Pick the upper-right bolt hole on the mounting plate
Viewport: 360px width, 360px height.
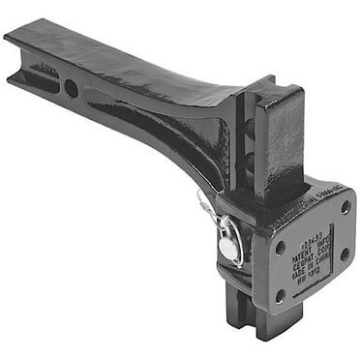[x=345, y=207]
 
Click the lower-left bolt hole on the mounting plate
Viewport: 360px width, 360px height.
[x=281, y=295]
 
